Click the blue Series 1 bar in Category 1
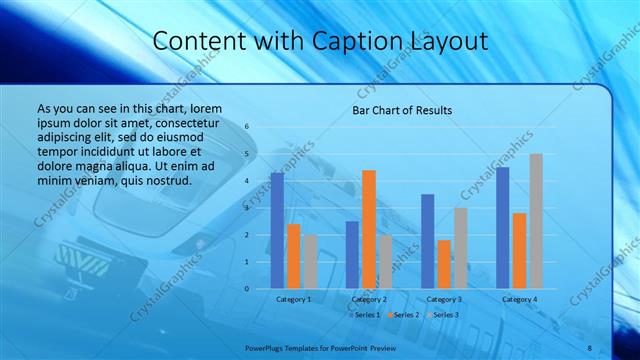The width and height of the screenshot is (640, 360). tap(277, 231)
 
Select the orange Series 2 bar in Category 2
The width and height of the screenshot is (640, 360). tap(369, 229)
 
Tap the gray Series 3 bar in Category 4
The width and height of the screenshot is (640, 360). tap(536, 221)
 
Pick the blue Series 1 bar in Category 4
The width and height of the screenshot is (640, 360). tap(503, 228)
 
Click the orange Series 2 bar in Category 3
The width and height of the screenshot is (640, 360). tap(444, 264)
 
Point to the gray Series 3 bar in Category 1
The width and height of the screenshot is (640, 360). tap(310, 262)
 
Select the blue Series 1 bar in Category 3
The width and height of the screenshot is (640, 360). tap(428, 241)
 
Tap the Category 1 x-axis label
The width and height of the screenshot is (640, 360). tap(294, 299)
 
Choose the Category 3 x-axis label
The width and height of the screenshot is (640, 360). tap(444, 299)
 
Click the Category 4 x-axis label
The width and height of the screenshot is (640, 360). tap(519, 299)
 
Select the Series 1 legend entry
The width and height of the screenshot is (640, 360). tap(365, 315)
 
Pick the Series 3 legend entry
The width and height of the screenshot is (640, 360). tap(445, 315)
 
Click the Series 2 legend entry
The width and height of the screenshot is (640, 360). tap(405, 315)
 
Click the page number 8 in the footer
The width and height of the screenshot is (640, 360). tap(589, 347)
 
